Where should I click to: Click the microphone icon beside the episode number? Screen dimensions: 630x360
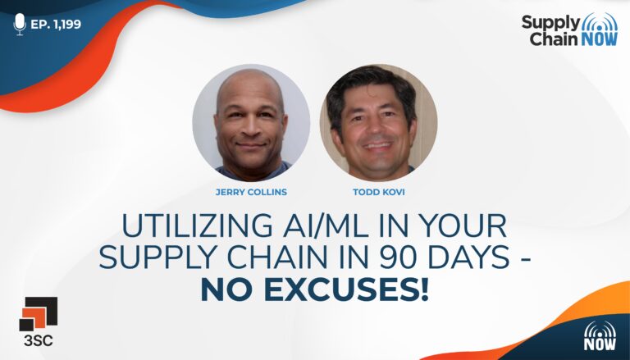point(20,24)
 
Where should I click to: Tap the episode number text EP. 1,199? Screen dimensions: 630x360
point(56,24)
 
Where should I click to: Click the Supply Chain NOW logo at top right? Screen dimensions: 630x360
point(570,30)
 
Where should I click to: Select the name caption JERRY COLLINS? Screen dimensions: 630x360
point(251,192)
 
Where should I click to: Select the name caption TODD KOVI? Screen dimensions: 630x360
point(378,192)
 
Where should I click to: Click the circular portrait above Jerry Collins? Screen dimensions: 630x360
point(251,123)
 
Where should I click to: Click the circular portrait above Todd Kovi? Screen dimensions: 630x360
point(378,123)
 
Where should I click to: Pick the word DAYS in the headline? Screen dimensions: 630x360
point(468,257)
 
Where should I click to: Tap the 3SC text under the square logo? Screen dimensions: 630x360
point(39,340)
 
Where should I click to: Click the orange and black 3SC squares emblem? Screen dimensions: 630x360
point(39,314)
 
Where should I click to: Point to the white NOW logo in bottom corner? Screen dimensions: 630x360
point(600,335)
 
